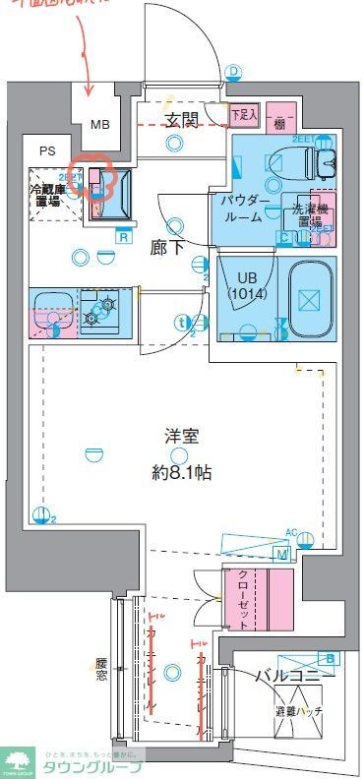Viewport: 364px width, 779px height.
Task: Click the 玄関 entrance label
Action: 182,120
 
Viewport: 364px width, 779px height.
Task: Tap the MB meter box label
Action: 100,125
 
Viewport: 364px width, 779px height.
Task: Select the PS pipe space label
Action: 47,151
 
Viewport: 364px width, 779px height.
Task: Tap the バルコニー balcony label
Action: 295,675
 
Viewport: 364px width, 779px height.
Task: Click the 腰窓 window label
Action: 101,671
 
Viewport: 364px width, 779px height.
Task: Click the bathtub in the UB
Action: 309,297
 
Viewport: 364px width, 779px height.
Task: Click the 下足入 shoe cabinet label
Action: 244,115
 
